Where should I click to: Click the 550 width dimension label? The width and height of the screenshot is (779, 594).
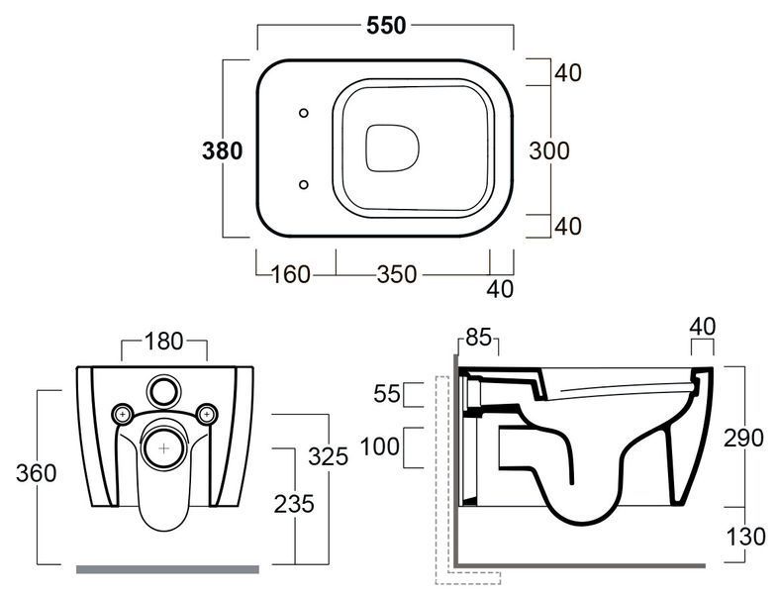[x=386, y=26]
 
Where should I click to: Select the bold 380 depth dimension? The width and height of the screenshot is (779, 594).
[x=222, y=150]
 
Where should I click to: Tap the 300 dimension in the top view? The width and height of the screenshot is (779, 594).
[x=549, y=150]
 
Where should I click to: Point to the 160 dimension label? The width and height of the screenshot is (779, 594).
[x=291, y=274]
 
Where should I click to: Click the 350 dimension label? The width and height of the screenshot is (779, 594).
[x=397, y=274]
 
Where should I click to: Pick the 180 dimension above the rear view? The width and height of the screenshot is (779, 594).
[x=164, y=342]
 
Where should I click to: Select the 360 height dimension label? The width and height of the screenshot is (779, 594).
[x=36, y=473]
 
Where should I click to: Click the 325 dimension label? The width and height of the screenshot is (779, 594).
[x=328, y=456]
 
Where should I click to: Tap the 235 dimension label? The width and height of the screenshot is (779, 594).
[x=294, y=504]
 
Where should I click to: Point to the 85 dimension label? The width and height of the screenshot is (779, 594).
[x=478, y=337]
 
